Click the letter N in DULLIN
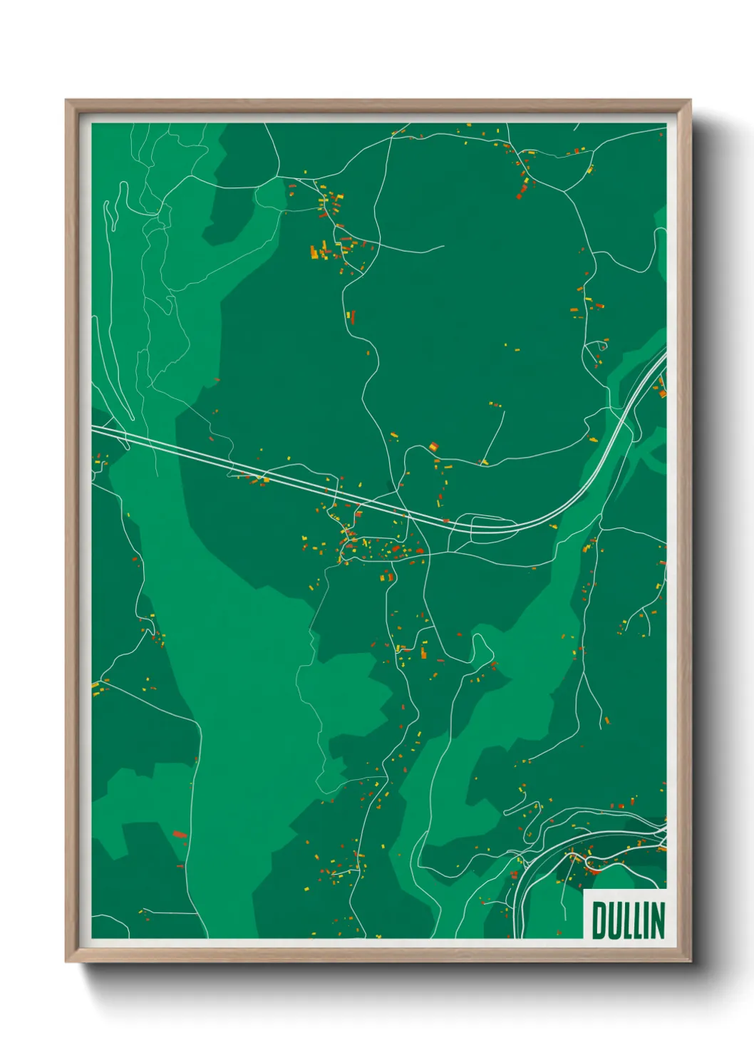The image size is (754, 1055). [658, 920]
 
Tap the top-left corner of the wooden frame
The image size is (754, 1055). [66, 101]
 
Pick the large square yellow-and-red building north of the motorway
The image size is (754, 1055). [433, 447]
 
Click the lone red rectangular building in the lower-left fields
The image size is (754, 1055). [179, 833]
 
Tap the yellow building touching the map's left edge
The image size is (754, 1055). [95, 686]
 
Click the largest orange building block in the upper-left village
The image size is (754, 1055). [314, 252]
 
